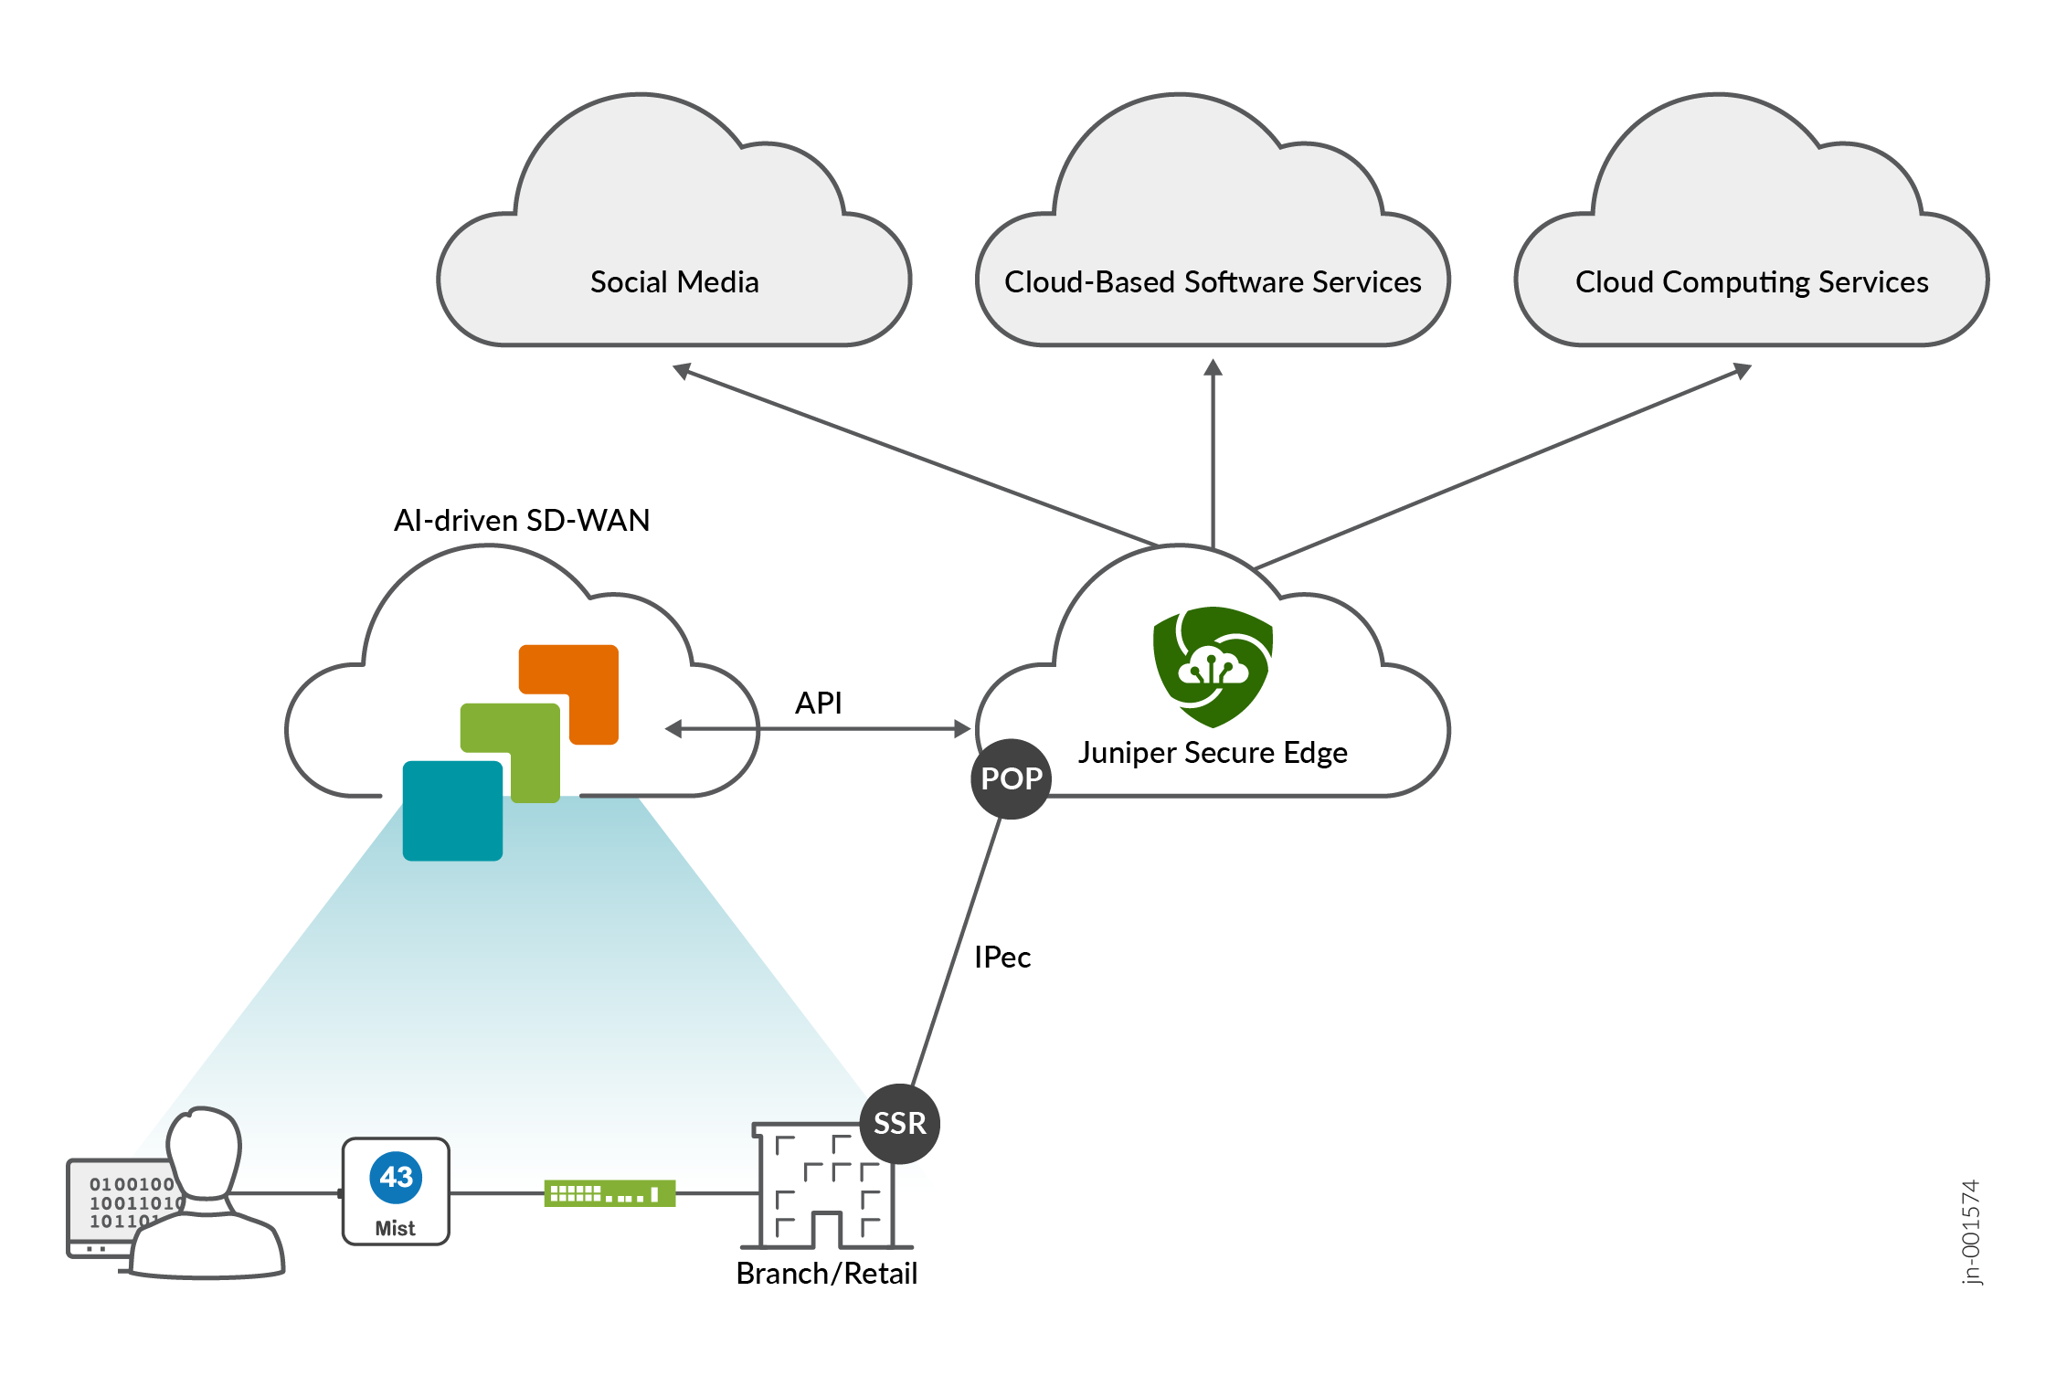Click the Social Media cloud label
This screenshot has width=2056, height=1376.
(674, 282)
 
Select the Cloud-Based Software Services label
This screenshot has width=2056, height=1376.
(1213, 282)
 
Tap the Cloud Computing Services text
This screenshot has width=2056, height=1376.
(1751, 282)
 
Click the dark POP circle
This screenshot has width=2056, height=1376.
(1011, 778)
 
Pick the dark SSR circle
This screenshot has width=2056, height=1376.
(899, 1123)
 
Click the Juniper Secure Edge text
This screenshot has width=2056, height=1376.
(1213, 753)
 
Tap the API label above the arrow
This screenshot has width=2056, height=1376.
(818, 704)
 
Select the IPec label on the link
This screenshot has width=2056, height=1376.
(1002, 958)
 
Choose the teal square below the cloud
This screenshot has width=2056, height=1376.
(452, 811)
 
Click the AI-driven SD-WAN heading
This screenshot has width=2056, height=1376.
(522, 521)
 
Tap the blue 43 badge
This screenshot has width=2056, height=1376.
(396, 1178)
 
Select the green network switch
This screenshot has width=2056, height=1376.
(609, 1193)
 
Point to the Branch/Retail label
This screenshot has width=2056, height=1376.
(826, 1274)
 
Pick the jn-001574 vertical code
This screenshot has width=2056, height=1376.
(1971, 1232)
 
